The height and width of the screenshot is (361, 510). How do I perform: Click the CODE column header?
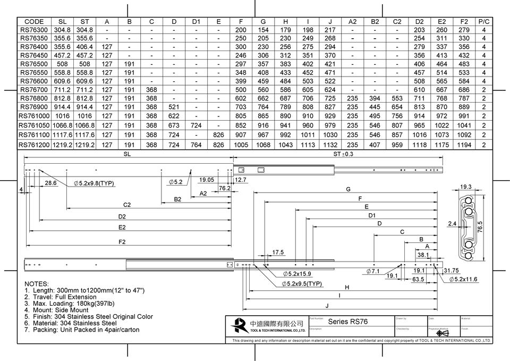[x=34, y=22]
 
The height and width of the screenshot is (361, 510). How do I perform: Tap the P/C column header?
[x=483, y=22]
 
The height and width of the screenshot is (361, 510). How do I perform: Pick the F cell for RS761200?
[x=241, y=144]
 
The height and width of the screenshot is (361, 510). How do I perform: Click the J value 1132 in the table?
[x=330, y=144]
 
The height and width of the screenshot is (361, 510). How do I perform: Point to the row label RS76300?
[x=34, y=30]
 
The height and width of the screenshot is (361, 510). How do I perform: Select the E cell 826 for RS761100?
[x=218, y=135]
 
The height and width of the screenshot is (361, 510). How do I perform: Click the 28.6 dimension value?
[x=51, y=183]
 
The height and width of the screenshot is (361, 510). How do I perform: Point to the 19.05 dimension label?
[x=207, y=180]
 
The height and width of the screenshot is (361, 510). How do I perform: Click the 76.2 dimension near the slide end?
[x=224, y=188]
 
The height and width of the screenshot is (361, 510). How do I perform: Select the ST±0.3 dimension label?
[x=343, y=154]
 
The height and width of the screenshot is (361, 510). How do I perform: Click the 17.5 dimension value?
[x=278, y=252]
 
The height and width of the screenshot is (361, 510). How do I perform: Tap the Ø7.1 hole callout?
[x=374, y=272]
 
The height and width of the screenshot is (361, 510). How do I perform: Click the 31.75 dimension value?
[x=451, y=271]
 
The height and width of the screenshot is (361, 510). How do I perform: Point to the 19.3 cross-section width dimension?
[x=465, y=187]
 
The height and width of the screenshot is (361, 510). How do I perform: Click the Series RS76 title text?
[x=347, y=322]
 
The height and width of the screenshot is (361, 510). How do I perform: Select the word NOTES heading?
[x=37, y=284]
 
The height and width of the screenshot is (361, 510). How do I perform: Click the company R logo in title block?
[x=240, y=324]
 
